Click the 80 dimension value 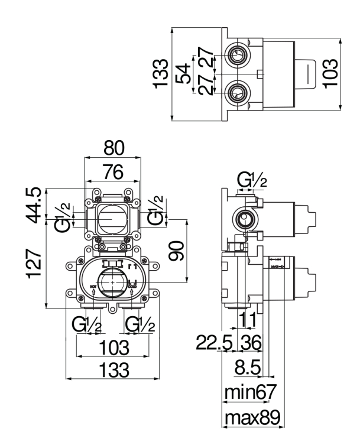click(113, 148)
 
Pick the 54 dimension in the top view click(187, 74)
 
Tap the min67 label click(249, 392)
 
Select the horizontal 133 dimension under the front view click(113, 370)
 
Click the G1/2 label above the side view click(252, 179)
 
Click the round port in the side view click(244, 220)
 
